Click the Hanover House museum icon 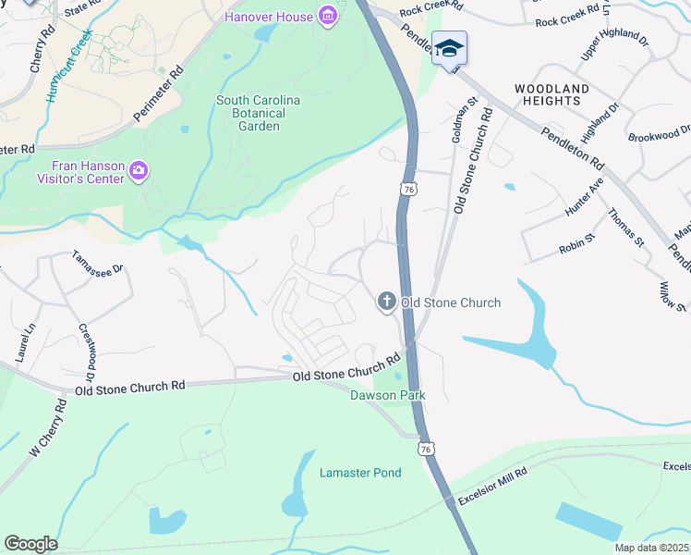pos(326,16)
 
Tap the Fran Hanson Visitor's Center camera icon pos(139,169)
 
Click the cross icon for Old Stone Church pos(386,302)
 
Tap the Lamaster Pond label pos(360,473)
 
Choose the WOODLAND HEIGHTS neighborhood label pos(552,94)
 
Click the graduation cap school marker pos(449,48)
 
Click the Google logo pos(30,544)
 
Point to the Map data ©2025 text pos(650,548)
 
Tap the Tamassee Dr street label pos(97,269)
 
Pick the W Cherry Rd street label pos(48,427)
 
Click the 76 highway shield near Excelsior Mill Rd pos(425,449)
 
